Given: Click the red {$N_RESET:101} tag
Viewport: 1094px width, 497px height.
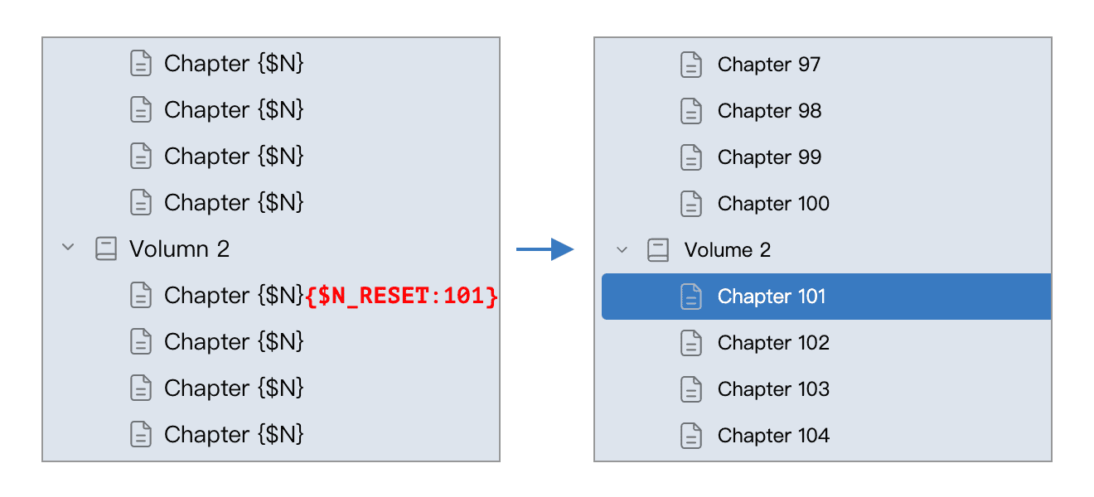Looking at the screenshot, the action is pyautogui.click(x=401, y=296).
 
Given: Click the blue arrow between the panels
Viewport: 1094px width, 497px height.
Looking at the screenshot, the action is pyautogui.click(x=545, y=249).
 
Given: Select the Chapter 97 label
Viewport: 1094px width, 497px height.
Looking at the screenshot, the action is pyautogui.click(x=769, y=65).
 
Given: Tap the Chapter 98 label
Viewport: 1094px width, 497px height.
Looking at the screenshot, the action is pyautogui.click(x=769, y=111).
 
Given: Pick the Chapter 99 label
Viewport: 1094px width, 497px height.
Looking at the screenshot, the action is pyautogui.click(x=769, y=157).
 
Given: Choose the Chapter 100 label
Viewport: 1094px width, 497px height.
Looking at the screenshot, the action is pyautogui.click(x=773, y=204).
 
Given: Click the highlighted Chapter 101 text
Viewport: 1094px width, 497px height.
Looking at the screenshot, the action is pyautogui.click(x=771, y=297).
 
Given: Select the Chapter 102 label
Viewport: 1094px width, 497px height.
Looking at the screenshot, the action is pyautogui.click(x=773, y=343).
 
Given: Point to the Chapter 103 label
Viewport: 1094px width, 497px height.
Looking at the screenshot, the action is pyautogui.click(x=773, y=389).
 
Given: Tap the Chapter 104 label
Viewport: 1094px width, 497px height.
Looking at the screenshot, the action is pyautogui.click(x=773, y=436).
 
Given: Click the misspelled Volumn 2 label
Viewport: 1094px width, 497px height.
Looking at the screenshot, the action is pyautogui.click(x=179, y=249).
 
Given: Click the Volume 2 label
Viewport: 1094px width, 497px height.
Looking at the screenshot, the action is pyautogui.click(x=727, y=250).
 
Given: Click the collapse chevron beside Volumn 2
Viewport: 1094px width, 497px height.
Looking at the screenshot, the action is pyautogui.click(x=68, y=247).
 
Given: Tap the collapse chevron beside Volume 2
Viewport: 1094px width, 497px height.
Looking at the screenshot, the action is pyautogui.click(x=622, y=250).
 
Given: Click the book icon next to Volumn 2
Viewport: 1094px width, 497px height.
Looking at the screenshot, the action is pyautogui.click(x=106, y=249).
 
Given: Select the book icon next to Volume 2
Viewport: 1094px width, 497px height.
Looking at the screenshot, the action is pyautogui.click(x=658, y=250).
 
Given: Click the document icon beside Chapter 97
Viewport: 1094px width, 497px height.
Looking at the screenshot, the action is pyautogui.click(x=691, y=65).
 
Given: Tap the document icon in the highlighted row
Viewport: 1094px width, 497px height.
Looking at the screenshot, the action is pyautogui.click(x=691, y=297).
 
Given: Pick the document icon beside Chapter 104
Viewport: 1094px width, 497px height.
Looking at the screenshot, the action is pyautogui.click(x=691, y=436).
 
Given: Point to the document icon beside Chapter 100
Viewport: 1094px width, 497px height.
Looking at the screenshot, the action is pyautogui.click(x=691, y=204).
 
